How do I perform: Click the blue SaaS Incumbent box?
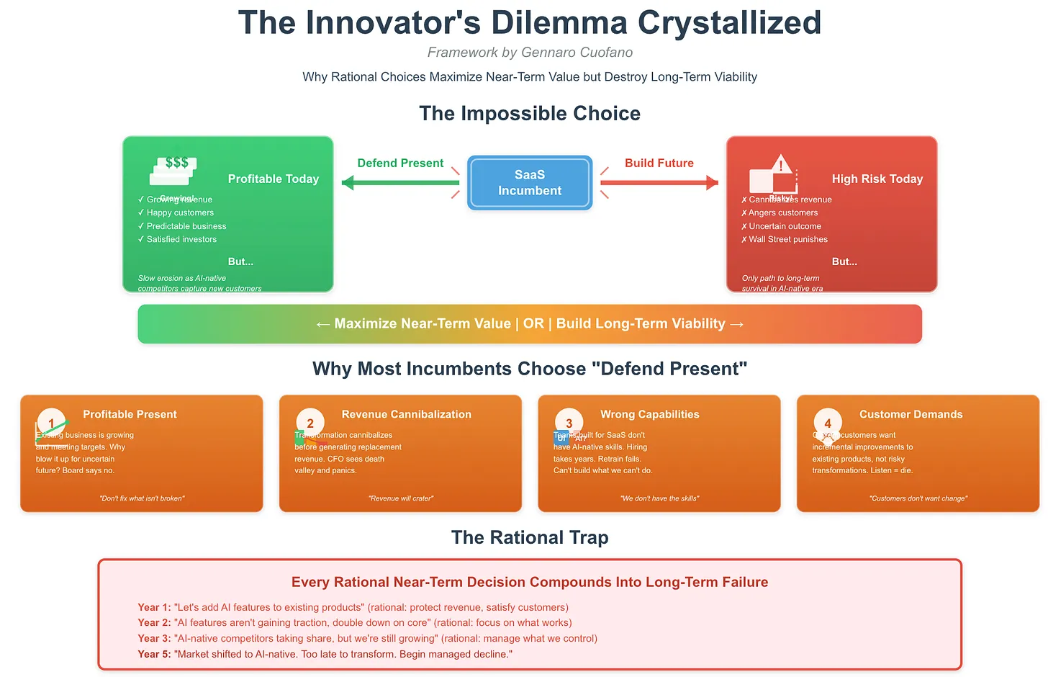(530, 183)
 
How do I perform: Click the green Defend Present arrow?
(400, 183)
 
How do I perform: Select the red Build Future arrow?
(659, 183)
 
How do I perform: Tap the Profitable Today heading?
(273, 179)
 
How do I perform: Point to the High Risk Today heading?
(877, 179)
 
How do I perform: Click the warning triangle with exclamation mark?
(780, 165)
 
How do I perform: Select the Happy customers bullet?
(180, 212)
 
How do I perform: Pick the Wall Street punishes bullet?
(787, 239)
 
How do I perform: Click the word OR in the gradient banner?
(533, 323)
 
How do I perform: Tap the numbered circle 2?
(310, 423)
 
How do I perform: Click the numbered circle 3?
(569, 423)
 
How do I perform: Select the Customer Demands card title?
(911, 414)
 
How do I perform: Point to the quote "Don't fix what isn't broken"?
(142, 498)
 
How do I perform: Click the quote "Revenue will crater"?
(400, 498)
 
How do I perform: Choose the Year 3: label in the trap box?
(154, 638)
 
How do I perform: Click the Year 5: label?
(154, 654)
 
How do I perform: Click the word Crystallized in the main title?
(729, 23)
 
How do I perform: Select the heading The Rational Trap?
(530, 537)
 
